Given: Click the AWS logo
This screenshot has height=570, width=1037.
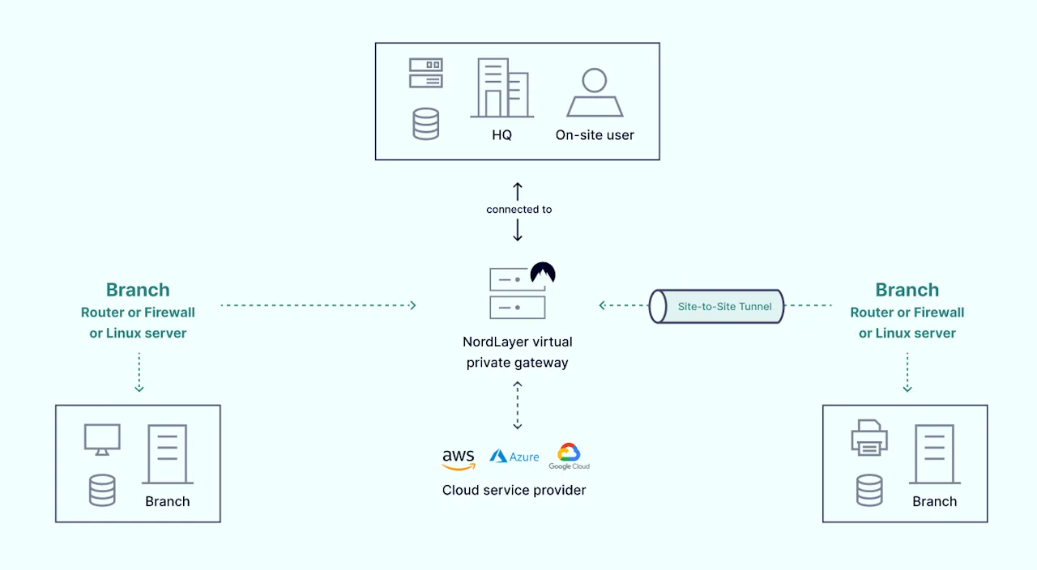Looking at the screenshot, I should tap(459, 459).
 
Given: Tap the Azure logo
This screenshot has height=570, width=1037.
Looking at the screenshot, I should tap(514, 457).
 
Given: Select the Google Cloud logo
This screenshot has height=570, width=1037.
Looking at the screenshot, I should tap(569, 456).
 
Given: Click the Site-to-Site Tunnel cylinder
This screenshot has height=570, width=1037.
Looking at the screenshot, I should tap(717, 307).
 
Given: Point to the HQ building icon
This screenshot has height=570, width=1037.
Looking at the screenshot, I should tap(501, 88).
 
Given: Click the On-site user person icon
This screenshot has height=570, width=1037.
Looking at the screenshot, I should tap(595, 93).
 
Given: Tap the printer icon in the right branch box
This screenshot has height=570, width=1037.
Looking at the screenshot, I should tap(869, 437).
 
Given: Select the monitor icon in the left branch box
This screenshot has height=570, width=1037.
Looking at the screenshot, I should tap(102, 439).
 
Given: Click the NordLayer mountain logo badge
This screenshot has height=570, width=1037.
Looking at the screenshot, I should tap(543, 274).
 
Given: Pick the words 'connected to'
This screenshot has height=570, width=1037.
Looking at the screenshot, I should tap(518, 209).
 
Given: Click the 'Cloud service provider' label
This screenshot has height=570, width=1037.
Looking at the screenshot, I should tap(514, 490).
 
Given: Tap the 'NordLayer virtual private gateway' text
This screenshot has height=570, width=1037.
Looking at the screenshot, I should tap(517, 352).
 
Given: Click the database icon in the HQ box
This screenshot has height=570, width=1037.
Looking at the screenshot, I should tap(425, 124).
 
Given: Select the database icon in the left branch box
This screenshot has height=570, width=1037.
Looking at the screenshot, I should tap(102, 490).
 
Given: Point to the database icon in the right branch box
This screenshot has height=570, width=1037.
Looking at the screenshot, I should tap(869, 490).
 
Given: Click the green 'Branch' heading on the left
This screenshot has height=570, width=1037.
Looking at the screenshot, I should tap(138, 290).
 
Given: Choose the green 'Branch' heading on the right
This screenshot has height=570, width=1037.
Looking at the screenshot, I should tap(907, 290).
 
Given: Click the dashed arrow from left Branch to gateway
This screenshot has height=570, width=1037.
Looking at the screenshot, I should tap(318, 305).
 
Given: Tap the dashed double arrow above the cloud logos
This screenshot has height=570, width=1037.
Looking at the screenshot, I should tap(518, 406).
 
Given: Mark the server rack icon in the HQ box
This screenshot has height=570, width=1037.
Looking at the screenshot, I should tap(425, 73).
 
